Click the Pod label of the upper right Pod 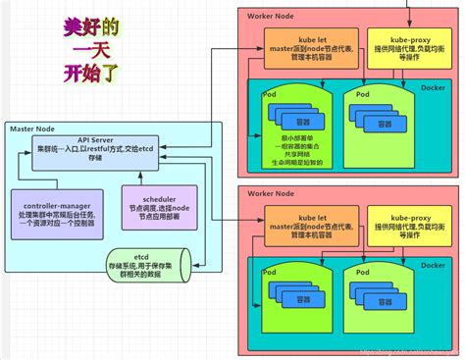363,94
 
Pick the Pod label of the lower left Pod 270,271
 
